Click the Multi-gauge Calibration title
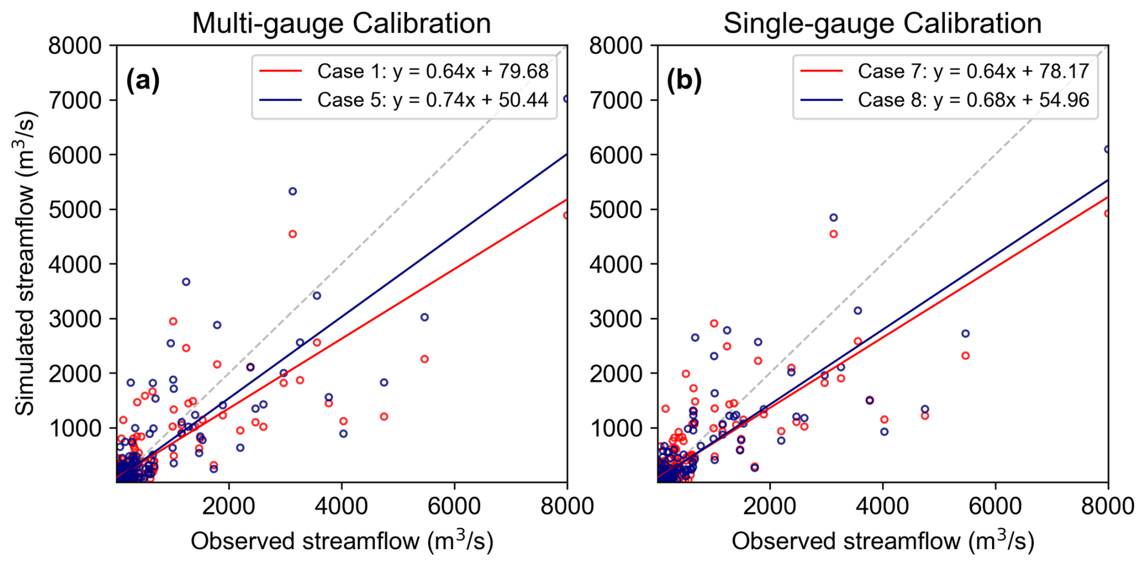(x=341, y=24)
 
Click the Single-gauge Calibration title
(x=882, y=24)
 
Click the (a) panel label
(x=143, y=80)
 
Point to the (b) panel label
(x=684, y=80)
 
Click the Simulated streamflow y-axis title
(x=25, y=263)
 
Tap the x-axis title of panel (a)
(x=342, y=541)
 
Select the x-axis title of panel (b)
(x=883, y=541)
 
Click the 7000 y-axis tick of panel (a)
(x=75, y=100)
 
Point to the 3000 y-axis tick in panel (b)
(x=616, y=319)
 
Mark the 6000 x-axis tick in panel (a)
(x=454, y=505)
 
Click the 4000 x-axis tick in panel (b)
(x=883, y=505)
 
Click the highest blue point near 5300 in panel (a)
(x=293, y=191)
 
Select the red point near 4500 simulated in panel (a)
(x=293, y=234)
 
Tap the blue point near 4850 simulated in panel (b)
(x=833, y=217)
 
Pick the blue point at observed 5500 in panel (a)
(x=425, y=317)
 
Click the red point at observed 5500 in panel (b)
(x=965, y=356)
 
